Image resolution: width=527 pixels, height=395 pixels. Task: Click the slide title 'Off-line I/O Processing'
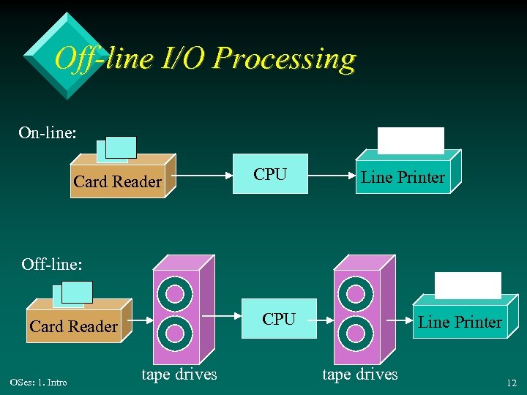pos(205,59)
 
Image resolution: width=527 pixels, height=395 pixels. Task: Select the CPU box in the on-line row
pos(270,175)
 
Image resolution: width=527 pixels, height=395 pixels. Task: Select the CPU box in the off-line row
pos(279,320)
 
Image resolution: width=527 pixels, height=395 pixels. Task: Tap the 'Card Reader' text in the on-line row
pos(117,181)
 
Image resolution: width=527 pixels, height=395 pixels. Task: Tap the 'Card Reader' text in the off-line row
pos(73,326)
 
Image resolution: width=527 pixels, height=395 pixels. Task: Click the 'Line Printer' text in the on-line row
pos(403,177)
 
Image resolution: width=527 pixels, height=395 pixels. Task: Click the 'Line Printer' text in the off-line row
pos(460,322)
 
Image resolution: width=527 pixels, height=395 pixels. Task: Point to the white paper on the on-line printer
pos(411,140)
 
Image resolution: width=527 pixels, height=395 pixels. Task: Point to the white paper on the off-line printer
pos(468,285)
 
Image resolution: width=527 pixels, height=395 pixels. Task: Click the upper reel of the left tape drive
pos(175,294)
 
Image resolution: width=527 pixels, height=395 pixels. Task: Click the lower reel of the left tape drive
pos(175,333)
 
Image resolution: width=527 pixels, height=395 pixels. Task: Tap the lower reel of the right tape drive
pos(356,333)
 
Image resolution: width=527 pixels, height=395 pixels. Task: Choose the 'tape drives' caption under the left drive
pos(179,374)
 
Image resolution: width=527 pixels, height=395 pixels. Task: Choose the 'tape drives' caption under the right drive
pos(360,374)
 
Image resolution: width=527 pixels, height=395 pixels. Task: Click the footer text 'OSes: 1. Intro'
pos(38,382)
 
